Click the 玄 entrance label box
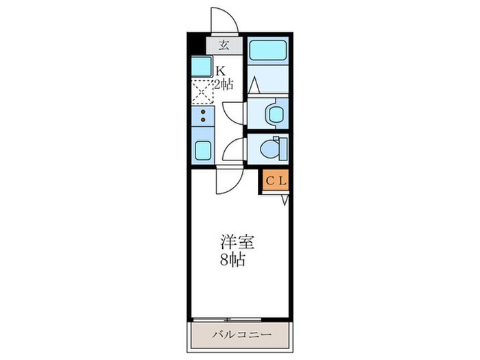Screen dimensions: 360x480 point(224,46)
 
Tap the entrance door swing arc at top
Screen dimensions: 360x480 point(224,19)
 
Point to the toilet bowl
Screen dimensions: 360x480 point(276,147)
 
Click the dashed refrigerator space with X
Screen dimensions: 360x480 point(203,92)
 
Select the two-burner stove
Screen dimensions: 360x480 point(203,117)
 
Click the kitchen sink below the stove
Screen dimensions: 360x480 point(203,149)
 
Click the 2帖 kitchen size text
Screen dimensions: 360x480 point(224,85)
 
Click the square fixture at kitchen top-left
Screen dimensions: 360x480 point(202,67)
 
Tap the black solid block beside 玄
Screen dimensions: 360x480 point(196,46)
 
